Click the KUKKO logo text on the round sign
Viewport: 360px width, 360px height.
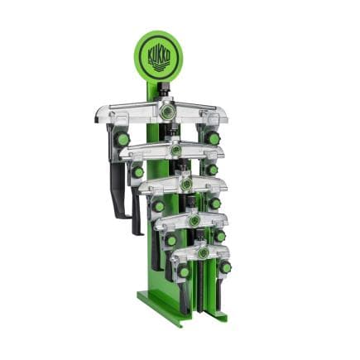point(158,55)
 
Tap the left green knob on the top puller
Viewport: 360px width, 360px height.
point(122,140)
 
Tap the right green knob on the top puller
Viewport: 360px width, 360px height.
point(212,138)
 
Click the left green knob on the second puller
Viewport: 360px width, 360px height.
point(137,172)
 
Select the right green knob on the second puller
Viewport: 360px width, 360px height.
point(212,170)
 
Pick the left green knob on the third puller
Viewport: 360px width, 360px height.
point(158,206)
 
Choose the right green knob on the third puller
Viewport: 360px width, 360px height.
point(215,204)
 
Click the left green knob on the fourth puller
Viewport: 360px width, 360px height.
point(170,241)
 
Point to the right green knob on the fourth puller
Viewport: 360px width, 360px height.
point(220,236)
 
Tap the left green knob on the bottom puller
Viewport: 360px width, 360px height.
point(184,272)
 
